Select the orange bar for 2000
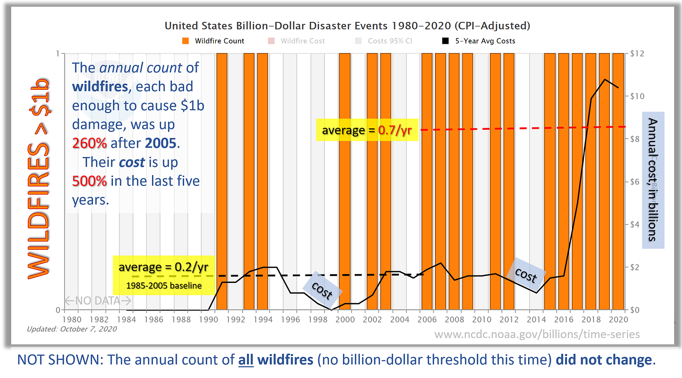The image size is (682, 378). [345, 180]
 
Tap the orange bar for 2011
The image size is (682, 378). [495, 180]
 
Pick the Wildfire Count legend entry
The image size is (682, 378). [214, 41]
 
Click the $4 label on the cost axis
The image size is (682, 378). [638, 224]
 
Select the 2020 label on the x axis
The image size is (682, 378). [618, 320]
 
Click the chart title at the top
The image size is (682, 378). [347, 25]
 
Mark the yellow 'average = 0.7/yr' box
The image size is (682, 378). [367, 130]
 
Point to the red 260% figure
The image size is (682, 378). [90, 143]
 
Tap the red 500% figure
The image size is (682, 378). [90, 181]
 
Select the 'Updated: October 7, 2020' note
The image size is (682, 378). [72, 329]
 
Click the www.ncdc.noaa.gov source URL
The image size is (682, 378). [537, 334]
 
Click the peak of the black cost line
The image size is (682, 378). [605, 79]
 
